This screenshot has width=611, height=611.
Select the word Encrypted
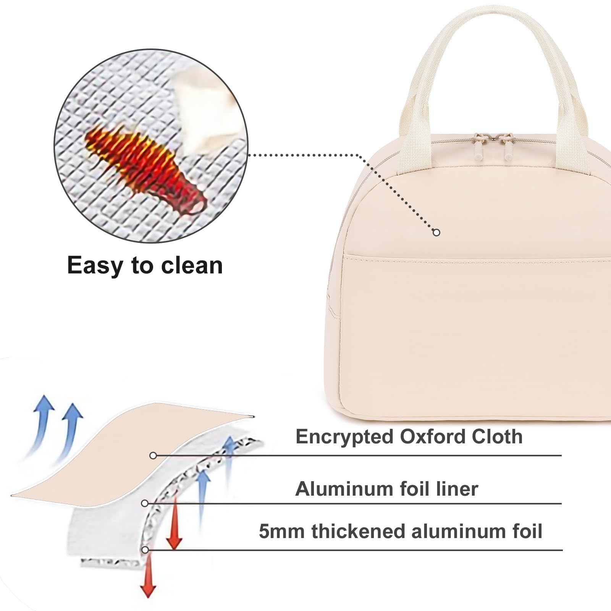pyautogui.click(x=344, y=436)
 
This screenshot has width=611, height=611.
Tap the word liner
pyautogui.click(x=457, y=489)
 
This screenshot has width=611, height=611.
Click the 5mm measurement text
pyautogui.click(x=281, y=531)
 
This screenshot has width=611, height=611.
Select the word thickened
pyautogui.click(x=358, y=531)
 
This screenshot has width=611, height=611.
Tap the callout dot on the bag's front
pyautogui.click(x=436, y=232)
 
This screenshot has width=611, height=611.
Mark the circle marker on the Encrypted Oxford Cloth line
pyautogui.click(x=153, y=456)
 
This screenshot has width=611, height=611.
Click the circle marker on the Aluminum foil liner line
pyautogui.click(x=145, y=504)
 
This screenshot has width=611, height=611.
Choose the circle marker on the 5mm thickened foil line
pyautogui.click(x=145, y=550)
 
